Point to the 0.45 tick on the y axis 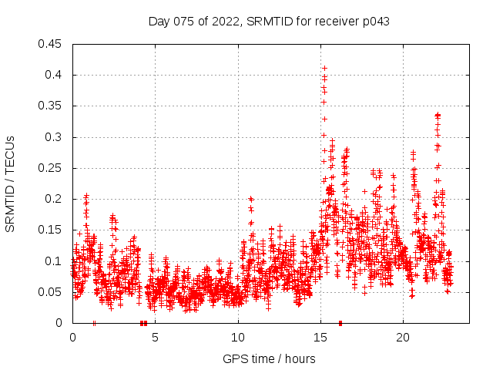(x=51, y=44)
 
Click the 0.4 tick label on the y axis (x=54, y=75)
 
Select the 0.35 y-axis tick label (x=51, y=106)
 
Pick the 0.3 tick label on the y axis (x=54, y=137)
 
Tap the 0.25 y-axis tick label (x=51, y=168)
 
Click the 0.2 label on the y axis (x=54, y=199)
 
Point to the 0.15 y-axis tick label (x=51, y=230)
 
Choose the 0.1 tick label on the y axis (x=54, y=261)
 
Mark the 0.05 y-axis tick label (x=51, y=292)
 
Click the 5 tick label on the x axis (x=155, y=338)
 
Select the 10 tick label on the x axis (x=238, y=338)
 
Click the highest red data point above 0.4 (x=324, y=68)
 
